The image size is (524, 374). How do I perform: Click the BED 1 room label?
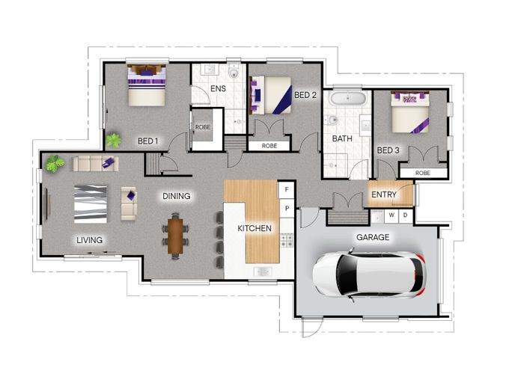[x=147, y=141]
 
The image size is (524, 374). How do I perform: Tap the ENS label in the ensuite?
[x=219, y=89]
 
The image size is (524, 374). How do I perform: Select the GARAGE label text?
[x=373, y=237]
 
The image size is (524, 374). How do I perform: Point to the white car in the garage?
[x=369, y=275]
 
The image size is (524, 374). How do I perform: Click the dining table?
[x=175, y=236]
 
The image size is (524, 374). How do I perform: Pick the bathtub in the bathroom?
[x=348, y=98]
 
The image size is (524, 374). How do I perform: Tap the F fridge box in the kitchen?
[x=287, y=190]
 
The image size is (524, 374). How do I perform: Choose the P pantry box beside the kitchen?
[x=287, y=208]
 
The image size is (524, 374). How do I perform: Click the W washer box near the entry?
[x=392, y=215]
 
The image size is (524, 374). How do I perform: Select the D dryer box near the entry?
[x=406, y=215]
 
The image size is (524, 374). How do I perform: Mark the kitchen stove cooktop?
[x=287, y=240]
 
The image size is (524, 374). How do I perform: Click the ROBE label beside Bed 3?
[x=423, y=173]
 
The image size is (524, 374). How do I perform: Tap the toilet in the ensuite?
[x=234, y=73]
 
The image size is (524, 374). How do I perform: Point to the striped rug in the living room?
[x=91, y=204]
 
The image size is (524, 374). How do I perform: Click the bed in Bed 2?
[x=270, y=95]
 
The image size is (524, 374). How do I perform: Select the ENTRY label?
[x=384, y=194]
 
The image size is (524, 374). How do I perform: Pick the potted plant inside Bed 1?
[x=113, y=141]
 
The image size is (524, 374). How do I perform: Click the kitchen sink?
[x=263, y=272]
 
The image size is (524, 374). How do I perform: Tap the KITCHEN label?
[x=255, y=228]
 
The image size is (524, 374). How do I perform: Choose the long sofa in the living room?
[x=96, y=164]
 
